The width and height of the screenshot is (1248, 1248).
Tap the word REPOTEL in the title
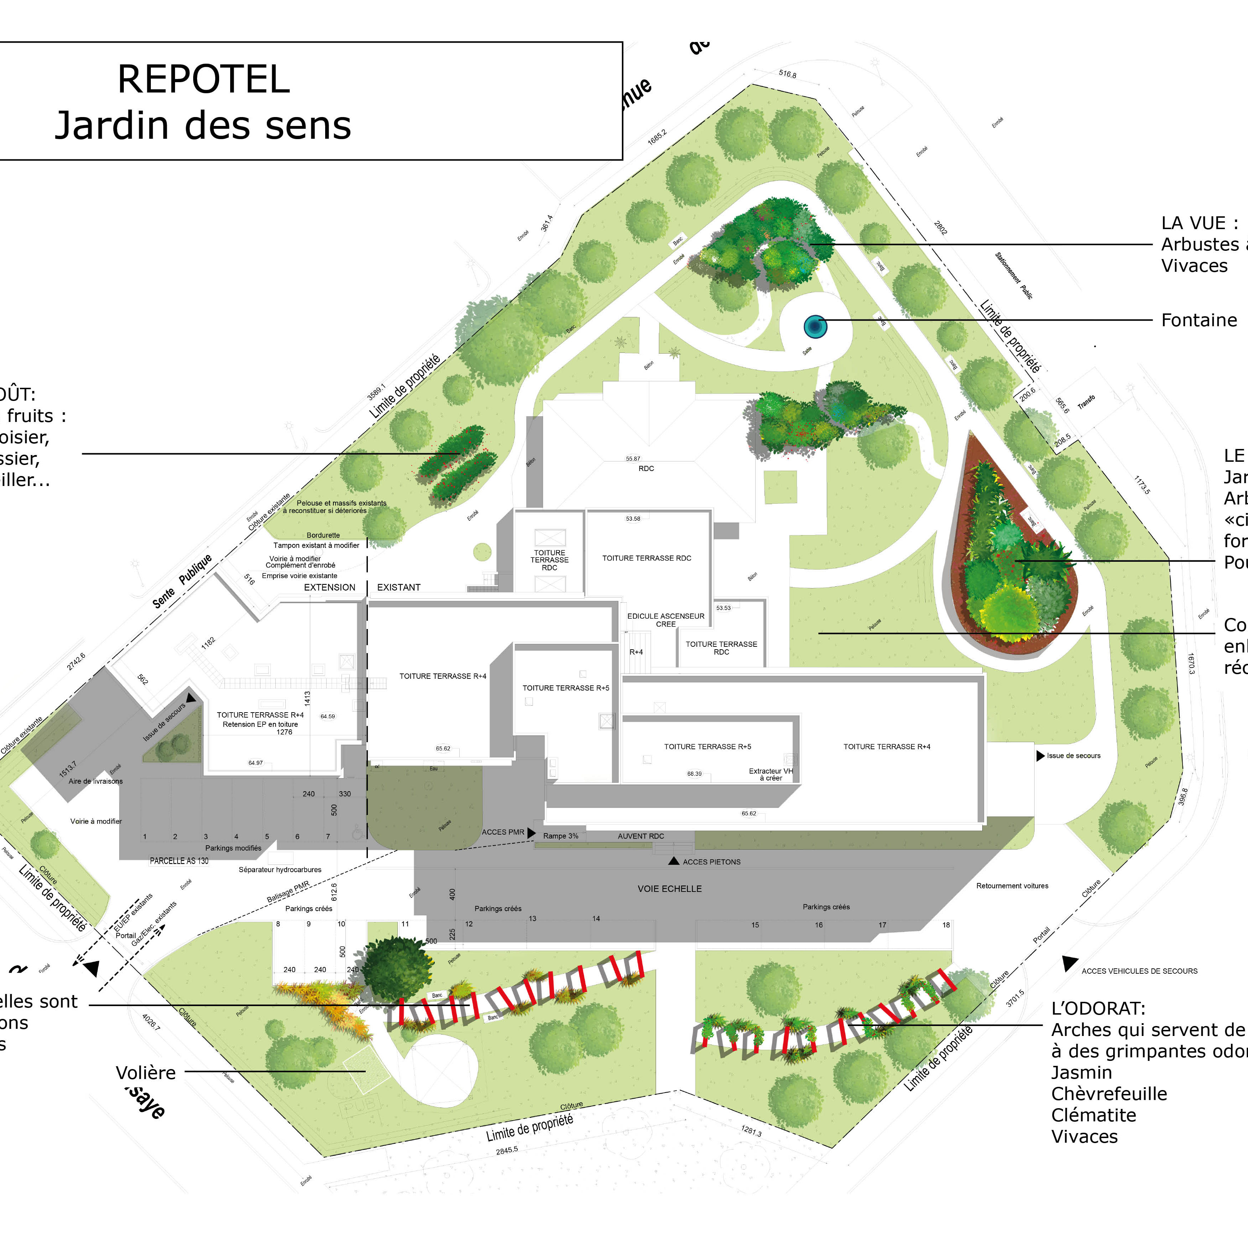pos(203,79)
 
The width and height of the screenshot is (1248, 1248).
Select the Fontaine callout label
pos(1199,321)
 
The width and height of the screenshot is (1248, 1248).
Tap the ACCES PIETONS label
pos(711,862)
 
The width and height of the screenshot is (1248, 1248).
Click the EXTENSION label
pos(329,587)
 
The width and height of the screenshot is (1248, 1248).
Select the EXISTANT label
pos(398,587)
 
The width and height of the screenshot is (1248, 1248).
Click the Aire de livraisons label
pos(96,781)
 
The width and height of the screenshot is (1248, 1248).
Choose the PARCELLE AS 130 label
pos(179,861)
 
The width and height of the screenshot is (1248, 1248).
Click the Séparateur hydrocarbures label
pos(280,869)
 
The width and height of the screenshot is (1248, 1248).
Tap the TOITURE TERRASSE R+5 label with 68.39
pos(707,747)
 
